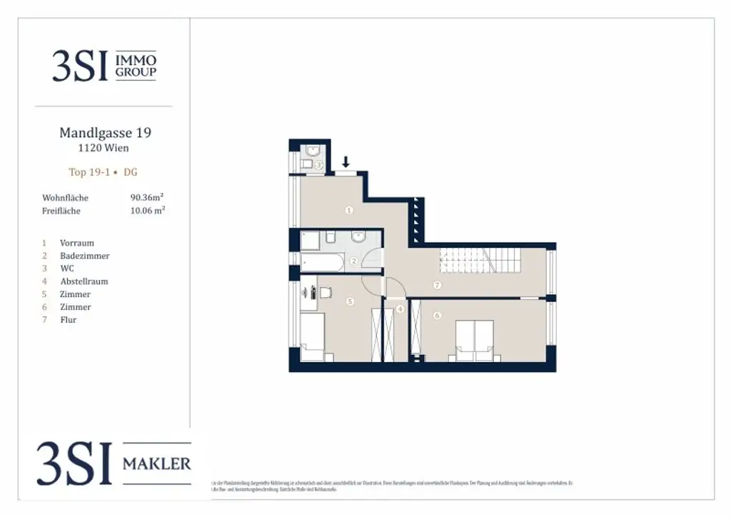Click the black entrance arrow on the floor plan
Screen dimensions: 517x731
[346, 162]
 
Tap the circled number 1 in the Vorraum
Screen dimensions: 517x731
[349, 210]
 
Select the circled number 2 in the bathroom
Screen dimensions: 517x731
[354, 261]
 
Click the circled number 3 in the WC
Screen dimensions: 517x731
[319, 166]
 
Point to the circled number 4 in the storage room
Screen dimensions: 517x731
[400, 309]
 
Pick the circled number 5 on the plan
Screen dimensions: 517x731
[350, 301]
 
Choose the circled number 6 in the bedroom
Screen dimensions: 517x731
[437, 315]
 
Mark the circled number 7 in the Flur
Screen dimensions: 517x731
[437, 285]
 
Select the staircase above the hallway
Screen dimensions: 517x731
[479, 259]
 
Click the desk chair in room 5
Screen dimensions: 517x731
[326, 292]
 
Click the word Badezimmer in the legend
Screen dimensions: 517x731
[84, 256]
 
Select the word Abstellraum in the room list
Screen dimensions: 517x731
[84, 281]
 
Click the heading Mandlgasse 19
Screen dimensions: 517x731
[105, 133]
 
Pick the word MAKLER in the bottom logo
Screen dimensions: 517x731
[156, 463]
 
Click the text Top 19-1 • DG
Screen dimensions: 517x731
[104, 172]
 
